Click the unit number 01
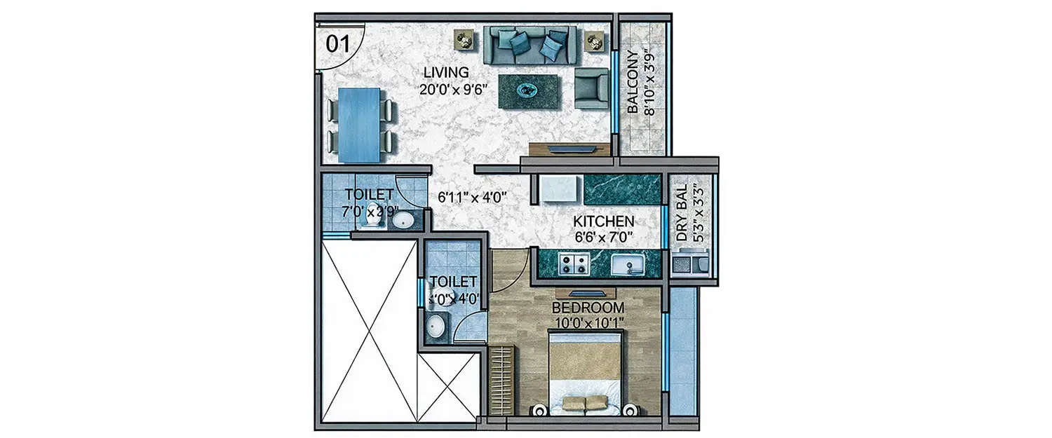pos(337,43)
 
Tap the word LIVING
pos(445,72)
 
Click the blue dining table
pos(359,125)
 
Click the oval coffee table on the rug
pos(529,90)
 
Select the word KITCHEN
pos(604,221)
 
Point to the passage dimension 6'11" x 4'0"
pos(472,198)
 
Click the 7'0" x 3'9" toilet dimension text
pos(370,210)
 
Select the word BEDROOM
pos(588,308)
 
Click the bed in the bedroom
pos(584,375)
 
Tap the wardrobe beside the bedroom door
pos(501,381)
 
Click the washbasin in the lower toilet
pos(436,327)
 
